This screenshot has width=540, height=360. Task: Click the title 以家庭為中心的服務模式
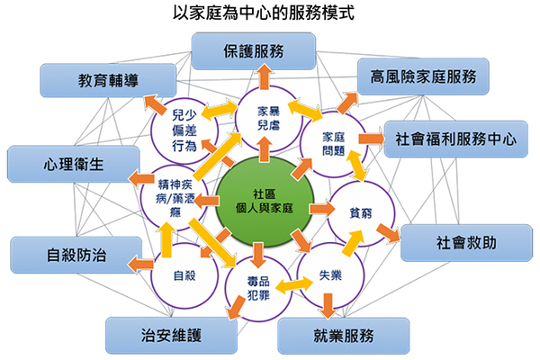click(269, 14)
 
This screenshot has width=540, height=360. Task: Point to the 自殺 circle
click(184, 271)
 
